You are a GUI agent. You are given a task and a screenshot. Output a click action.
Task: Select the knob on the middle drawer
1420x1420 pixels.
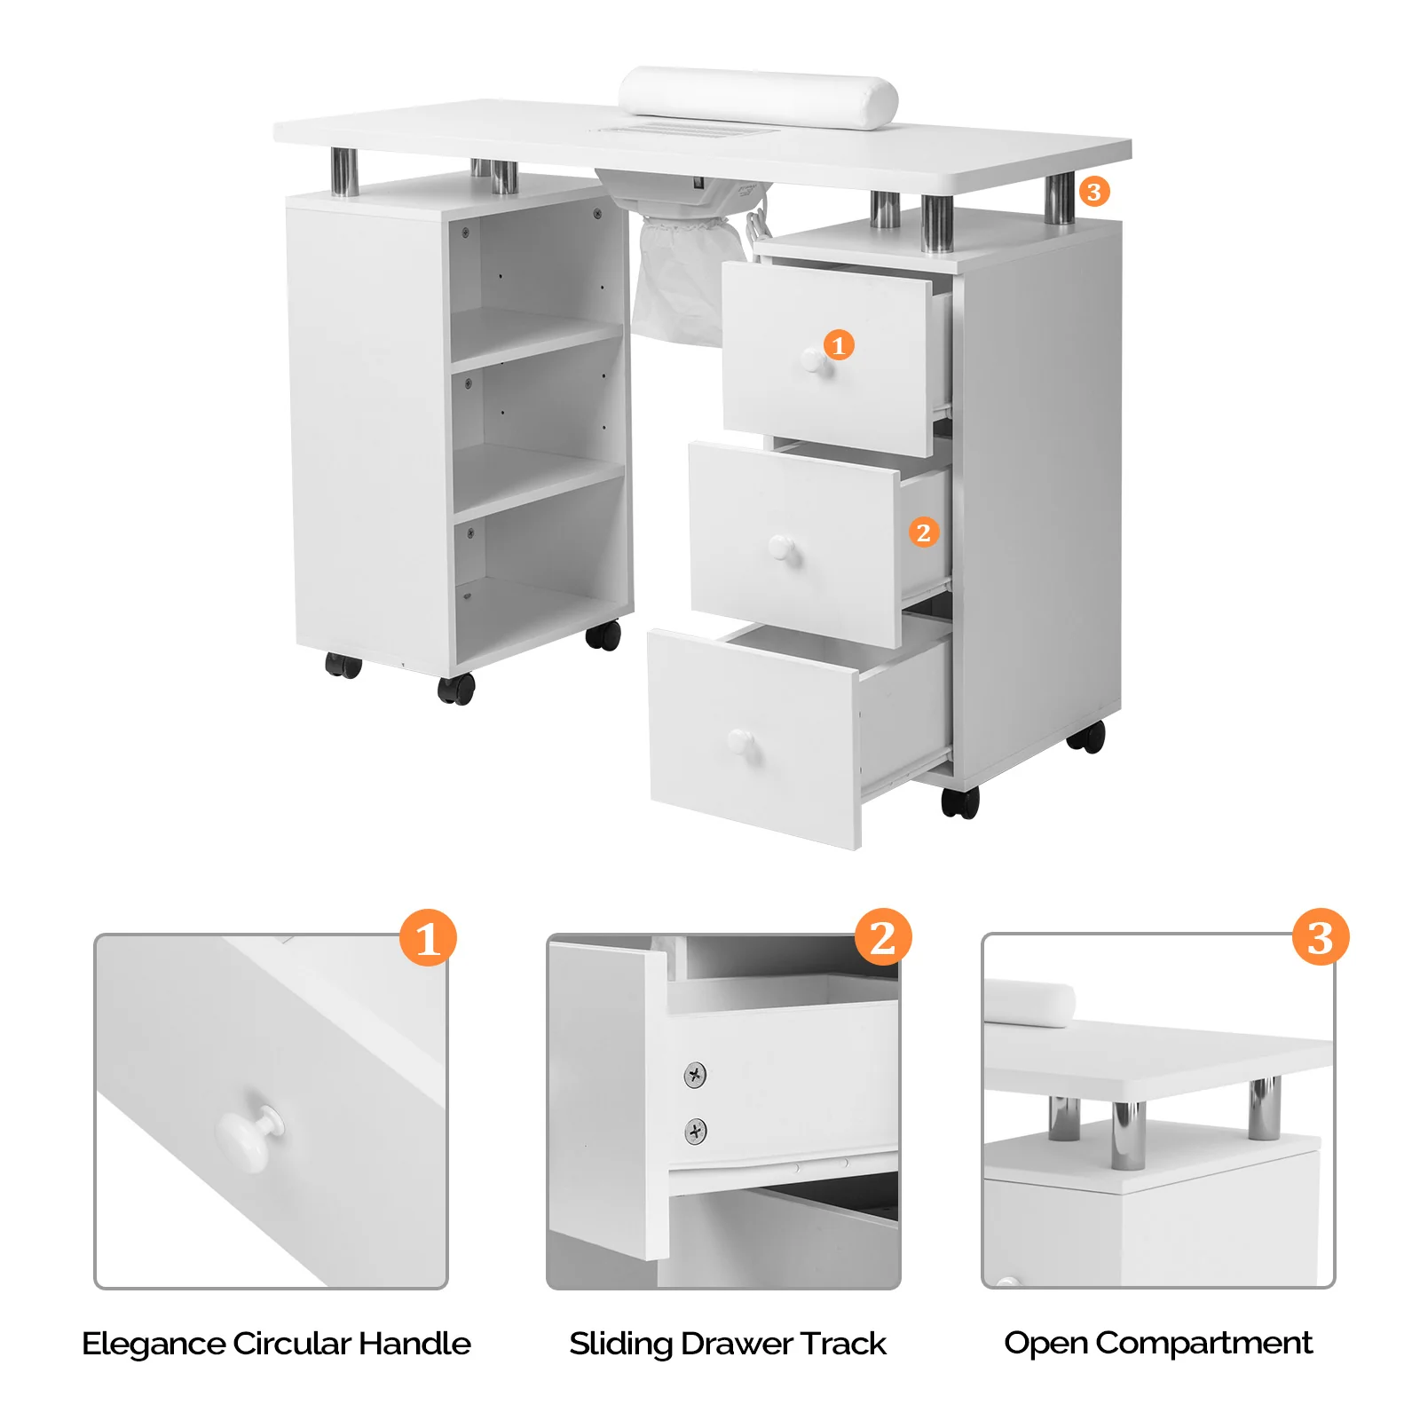785,549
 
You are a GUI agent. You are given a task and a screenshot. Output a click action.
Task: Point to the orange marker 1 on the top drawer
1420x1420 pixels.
839,344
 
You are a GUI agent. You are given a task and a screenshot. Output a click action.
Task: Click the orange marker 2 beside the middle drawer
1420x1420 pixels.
923,532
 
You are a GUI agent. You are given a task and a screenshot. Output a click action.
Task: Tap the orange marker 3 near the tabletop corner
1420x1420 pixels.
1093,192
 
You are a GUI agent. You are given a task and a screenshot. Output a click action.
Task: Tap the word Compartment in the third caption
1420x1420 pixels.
1203,1343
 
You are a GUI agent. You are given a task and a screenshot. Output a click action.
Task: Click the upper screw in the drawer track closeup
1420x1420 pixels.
696,1075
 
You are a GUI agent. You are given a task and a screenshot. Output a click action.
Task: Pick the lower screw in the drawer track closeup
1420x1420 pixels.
696,1131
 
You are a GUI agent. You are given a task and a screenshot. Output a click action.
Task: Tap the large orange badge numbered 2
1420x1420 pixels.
882,937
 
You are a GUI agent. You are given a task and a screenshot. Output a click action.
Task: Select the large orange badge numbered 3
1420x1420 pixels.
1320,937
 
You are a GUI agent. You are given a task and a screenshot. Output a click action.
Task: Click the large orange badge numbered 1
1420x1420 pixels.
427,938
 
